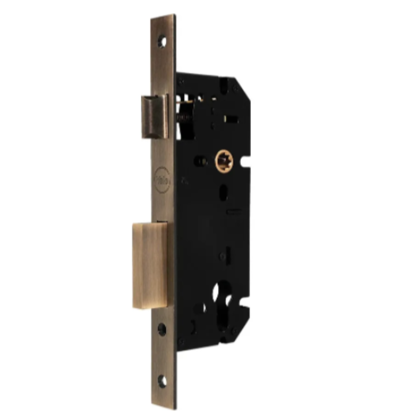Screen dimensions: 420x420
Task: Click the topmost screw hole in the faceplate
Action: coord(162,40)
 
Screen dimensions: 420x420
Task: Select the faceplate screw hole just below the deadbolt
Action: coord(162,330)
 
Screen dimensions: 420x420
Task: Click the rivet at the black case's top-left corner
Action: coord(181,81)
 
